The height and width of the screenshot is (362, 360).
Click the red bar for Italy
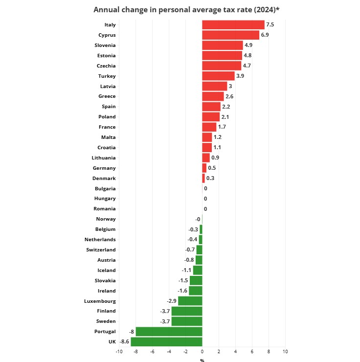(x=233, y=25)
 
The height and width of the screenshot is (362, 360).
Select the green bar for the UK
(x=166, y=341)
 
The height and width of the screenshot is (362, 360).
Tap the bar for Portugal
(x=169, y=331)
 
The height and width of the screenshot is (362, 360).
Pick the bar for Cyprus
(x=230, y=35)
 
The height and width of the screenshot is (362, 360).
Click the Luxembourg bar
(x=190, y=301)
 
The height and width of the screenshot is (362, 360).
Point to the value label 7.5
(x=270, y=25)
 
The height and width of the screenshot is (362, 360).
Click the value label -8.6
(x=124, y=341)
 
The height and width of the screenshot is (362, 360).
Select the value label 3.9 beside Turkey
(x=240, y=76)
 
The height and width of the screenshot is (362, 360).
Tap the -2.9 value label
(x=172, y=301)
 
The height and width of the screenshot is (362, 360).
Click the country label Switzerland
(x=101, y=249)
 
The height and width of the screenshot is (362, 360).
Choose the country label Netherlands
(x=100, y=239)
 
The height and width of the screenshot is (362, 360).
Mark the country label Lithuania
(x=104, y=158)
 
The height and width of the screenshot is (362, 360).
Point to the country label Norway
(x=106, y=219)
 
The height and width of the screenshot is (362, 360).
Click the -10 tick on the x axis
(x=119, y=352)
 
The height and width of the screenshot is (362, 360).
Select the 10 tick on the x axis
(x=285, y=352)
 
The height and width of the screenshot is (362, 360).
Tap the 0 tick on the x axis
(x=202, y=352)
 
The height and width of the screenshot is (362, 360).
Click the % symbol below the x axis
(x=202, y=361)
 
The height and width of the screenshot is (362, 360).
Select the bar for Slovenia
(x=223, y=45)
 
